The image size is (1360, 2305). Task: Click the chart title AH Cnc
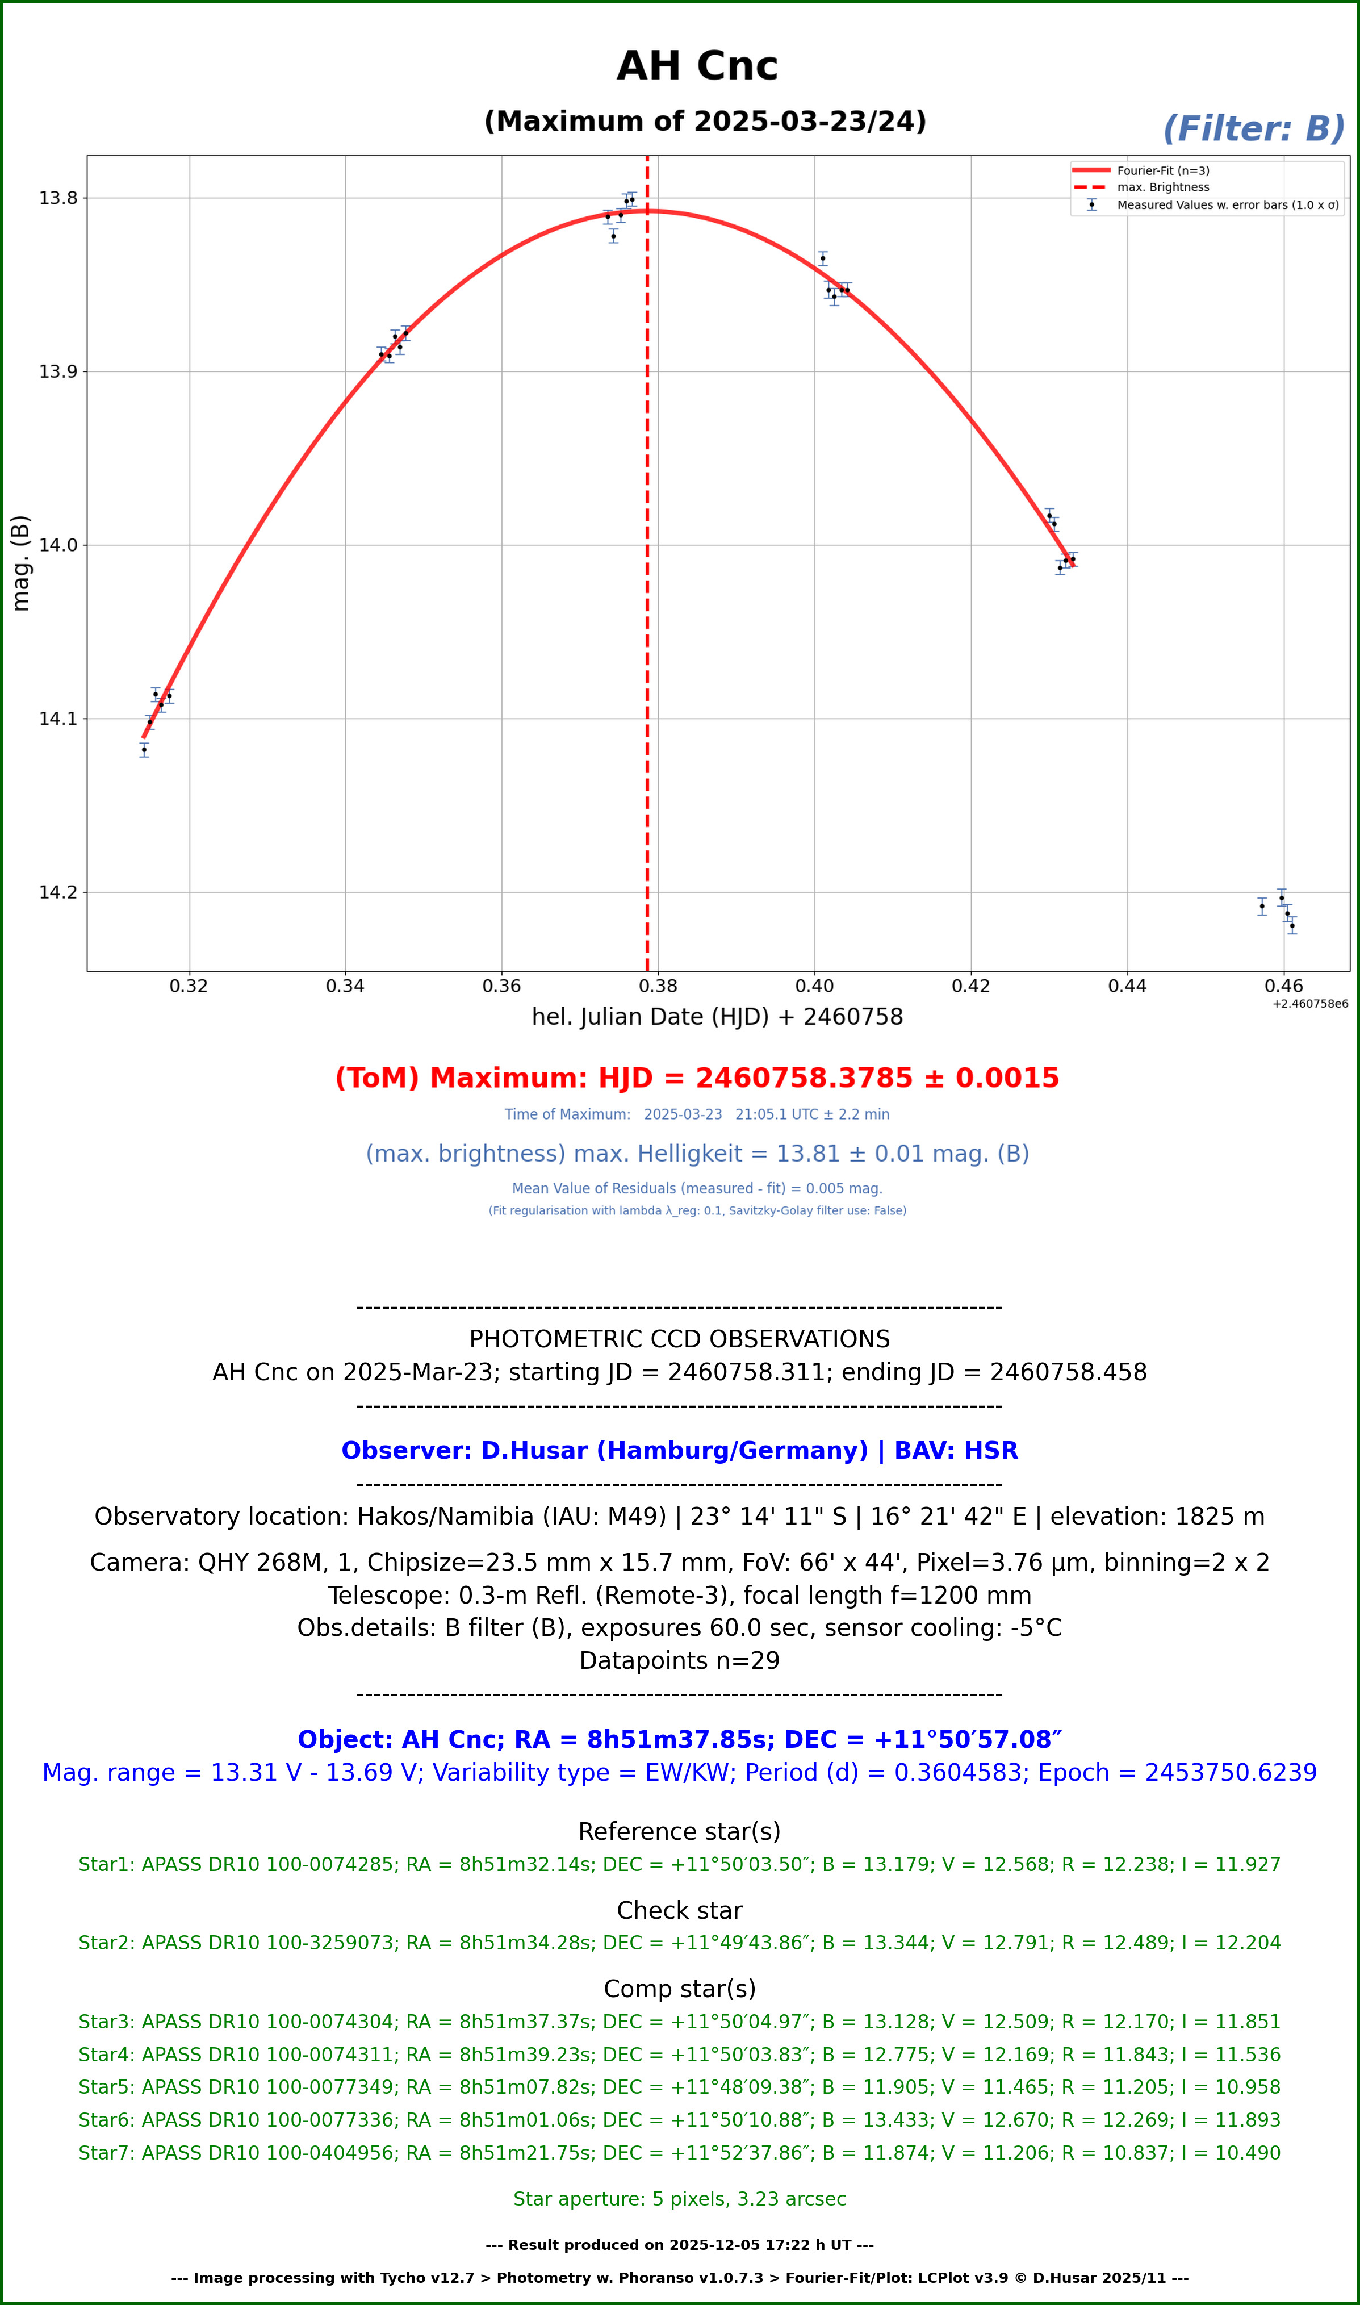point(697,66)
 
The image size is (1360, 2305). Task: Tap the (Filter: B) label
point(1252,130)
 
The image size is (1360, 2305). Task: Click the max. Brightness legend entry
point(1162,187)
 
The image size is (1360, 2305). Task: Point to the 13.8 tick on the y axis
point(58,198)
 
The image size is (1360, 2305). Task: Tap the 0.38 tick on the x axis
point(658,986)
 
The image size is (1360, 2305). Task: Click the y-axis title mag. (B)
point(21,563)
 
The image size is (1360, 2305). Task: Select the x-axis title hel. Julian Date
point(717,1017)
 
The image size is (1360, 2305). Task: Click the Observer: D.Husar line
point(679,1451)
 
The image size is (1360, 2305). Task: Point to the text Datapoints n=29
point(679,1661)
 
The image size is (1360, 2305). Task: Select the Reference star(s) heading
point(679,1831)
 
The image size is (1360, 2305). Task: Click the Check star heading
point(679,1910)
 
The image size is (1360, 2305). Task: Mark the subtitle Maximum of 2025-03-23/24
point(705,122)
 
